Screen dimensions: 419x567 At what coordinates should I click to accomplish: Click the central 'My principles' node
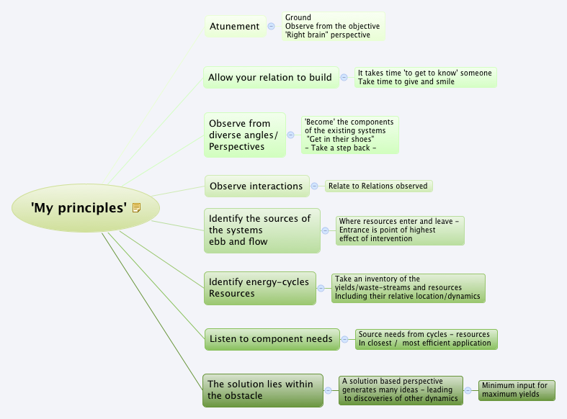(x=79, y=208)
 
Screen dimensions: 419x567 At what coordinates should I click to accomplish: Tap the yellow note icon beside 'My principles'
(x=136, y=208)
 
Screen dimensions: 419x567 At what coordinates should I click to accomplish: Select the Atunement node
(x=234, y=27)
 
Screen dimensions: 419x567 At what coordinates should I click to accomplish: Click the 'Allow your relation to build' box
(x=270, y=78)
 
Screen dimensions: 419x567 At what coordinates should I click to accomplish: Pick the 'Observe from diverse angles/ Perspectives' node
(x=244, y=135)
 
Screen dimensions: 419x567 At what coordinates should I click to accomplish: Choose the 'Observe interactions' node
(x=256, y=186)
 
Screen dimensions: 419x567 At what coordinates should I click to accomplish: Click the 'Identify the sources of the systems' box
(x=262, y=230)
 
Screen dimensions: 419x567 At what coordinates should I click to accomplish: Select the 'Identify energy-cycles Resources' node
(x=259, y=288)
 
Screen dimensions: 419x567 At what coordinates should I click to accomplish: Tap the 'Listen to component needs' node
(x=271, y=339)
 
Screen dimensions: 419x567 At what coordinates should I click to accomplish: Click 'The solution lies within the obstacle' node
(x=262, y=389)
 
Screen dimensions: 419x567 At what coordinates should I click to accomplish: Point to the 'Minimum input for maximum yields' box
(x=517, y=390)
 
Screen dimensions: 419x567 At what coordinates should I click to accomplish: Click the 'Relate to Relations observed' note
(x=378, y=186)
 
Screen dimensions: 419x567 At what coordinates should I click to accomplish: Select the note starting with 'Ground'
(x=333, y=27)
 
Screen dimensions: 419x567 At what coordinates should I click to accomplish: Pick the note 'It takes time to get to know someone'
(x=425, y=78)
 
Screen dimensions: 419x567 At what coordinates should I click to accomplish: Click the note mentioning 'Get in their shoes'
(x=349, y=135)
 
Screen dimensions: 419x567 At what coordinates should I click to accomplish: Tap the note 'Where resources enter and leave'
(x=400, y=230)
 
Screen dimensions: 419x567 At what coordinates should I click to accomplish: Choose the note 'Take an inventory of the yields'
(x=408, y=288)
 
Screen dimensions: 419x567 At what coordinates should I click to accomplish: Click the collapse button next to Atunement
(x=272, y=27)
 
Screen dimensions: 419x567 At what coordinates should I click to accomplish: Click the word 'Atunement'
(x=234, y=27)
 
